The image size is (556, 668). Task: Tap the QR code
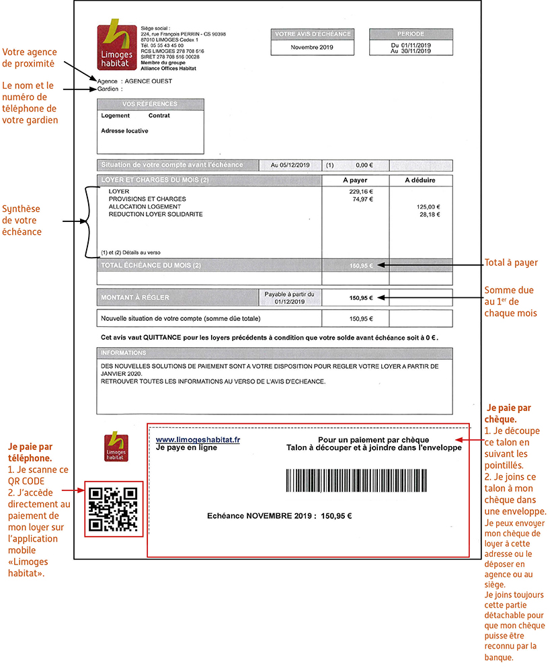pos(114,509)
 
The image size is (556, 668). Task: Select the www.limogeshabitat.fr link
pos(198,439)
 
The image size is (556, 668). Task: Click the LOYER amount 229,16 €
pos(357,192)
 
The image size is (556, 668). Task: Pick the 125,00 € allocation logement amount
pos(428,207)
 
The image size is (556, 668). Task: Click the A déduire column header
pos(420,180)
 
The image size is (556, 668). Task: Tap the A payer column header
pos(354,180)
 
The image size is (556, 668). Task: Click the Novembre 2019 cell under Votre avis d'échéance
pos(311,47)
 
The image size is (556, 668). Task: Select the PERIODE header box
pos(411,33)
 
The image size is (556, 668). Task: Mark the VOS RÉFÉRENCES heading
pos(150,104)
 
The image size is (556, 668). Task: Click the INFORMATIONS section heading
pos(124,352)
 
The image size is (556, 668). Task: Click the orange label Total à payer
pos(510,262)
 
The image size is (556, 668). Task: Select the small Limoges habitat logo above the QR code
pos(116,448)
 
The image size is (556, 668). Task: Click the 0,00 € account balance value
pos(363,165)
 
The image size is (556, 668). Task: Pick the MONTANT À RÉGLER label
pos(135,297)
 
